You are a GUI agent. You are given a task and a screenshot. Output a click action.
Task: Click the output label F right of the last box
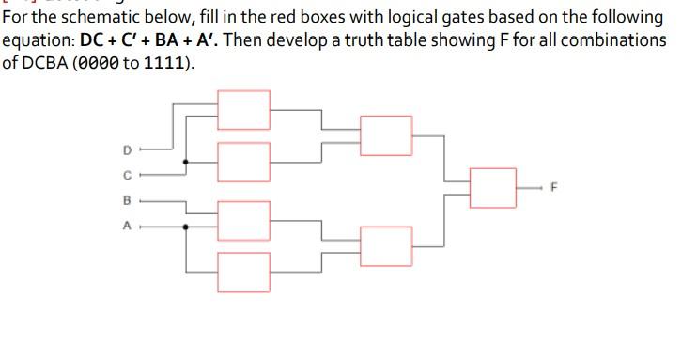point(554,187)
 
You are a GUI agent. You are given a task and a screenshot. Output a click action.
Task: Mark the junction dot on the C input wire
point(185,162)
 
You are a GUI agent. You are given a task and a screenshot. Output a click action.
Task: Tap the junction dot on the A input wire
point(185,227)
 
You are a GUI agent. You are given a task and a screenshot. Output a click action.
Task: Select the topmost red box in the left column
point(242,109)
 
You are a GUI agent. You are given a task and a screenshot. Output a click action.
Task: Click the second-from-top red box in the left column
point(242,162)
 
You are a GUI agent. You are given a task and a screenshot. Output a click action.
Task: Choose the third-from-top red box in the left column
point(242,221)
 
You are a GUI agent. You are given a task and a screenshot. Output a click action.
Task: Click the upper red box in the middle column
point(386,135)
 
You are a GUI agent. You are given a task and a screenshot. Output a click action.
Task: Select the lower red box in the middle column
point(386,246)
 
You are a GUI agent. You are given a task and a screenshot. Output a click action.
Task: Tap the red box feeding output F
point(493,188)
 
